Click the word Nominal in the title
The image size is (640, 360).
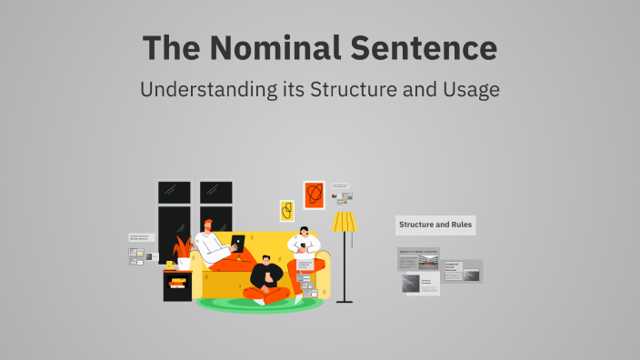click(x=272, y=48)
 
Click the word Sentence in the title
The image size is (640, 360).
click(x=426, y=48)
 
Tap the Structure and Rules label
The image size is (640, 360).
click(x=435, y=225)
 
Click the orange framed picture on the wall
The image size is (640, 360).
click(x=314, y=195)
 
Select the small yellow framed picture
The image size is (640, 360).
click(x=286, y=211)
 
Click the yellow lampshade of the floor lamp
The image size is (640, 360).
click(x=345, y=222)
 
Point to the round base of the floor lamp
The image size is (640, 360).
click(x=345, y=300)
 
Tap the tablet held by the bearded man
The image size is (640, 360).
click(x=238, y=243)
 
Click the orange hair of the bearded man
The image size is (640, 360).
click(x=209, y=224)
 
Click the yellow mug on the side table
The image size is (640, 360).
click(x=170, y=265)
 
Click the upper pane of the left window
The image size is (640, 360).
click(x=174, y=192)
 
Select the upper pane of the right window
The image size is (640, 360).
click(x=216, y=192)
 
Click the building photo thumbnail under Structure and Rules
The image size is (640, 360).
click(x=427, y=261)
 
